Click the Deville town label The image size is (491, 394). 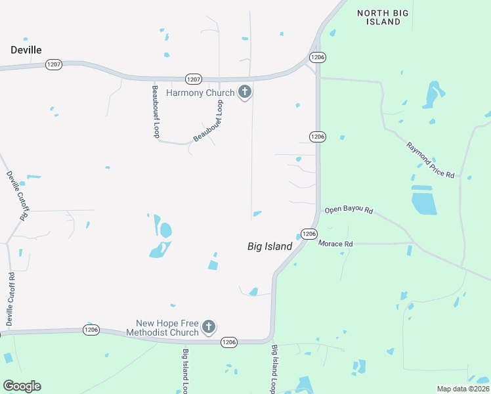(26, 50)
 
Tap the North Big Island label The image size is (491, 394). (379, 17)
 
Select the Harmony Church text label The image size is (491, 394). (200, 93)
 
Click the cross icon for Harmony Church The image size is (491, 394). (245, 93)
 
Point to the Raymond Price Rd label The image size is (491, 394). (430, 160)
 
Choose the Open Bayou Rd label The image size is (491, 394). (349, 211)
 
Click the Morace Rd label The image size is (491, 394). (335, 244)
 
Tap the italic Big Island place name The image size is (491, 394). (269, 246)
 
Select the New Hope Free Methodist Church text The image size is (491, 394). (167, 328)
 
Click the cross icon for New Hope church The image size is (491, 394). (209, 326)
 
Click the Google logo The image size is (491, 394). (22, 386)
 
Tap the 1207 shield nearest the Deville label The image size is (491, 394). (54, 64)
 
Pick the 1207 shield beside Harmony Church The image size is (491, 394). (193, 79)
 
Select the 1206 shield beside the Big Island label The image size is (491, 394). (310, 234)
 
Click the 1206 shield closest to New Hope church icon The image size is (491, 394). (228, 342)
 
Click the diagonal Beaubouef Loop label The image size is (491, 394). (209, 121)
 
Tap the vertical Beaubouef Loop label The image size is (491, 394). (156, 111)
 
